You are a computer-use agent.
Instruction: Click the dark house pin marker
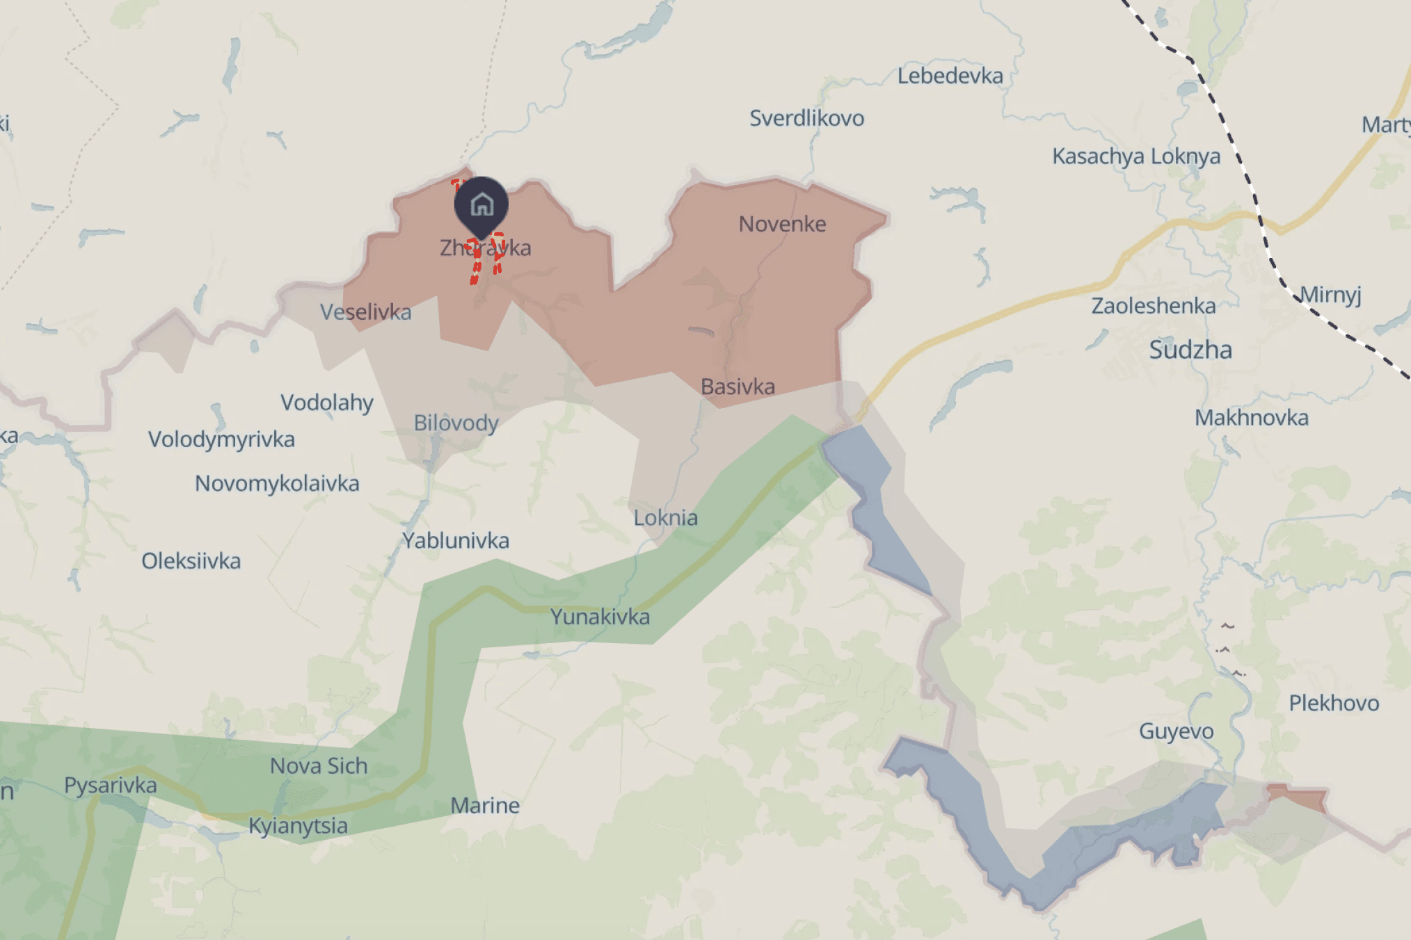point(481,205)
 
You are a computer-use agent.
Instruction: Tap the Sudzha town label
point(1190,350)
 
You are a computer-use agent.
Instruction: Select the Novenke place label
point(782,224)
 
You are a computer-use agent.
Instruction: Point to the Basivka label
point(738,387)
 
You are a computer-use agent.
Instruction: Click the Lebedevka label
point(950,76)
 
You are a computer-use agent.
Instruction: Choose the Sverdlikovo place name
point(806,118)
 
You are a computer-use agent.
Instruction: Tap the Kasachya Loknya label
point(1135,156)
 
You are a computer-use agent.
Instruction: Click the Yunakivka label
point(600,617)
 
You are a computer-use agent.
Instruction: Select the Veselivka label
point(365,312)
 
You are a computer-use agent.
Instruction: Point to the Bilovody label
point(456,423)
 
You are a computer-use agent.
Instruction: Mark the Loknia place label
point(665,518)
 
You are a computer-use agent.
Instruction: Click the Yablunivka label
point(456,540)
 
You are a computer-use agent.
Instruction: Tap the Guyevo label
point(1176,731)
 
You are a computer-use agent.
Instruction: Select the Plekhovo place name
point(1334,703)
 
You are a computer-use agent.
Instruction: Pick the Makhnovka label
point(1251,418)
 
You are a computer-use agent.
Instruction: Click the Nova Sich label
point(319,766)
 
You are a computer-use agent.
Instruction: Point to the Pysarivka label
point(111,786)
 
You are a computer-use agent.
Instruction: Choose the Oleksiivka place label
point(191,561)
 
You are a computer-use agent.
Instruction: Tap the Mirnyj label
point(1330,295)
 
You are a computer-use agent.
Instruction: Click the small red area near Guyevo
point(1297,797)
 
